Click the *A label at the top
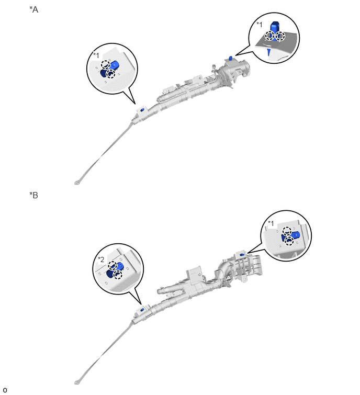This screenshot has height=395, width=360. tap(34, 9)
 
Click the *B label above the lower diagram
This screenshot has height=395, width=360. tap(34, 195)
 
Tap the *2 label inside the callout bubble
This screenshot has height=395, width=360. tap(101, 259)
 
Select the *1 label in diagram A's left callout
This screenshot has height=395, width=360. tap(96, 55)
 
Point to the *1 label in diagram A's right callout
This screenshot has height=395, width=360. tap(260, 25)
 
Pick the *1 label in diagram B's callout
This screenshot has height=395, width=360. tap(271, 223)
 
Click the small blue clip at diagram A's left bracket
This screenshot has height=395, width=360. tap(142, 110)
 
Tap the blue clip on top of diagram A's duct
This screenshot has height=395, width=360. tap(230, 58)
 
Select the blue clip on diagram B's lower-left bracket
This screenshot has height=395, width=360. tap(142, 309)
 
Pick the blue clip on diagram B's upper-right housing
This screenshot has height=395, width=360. tap(242, 254)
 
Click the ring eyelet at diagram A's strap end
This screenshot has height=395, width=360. tap(76, 183)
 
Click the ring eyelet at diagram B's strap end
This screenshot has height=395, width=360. tap(76, 382)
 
